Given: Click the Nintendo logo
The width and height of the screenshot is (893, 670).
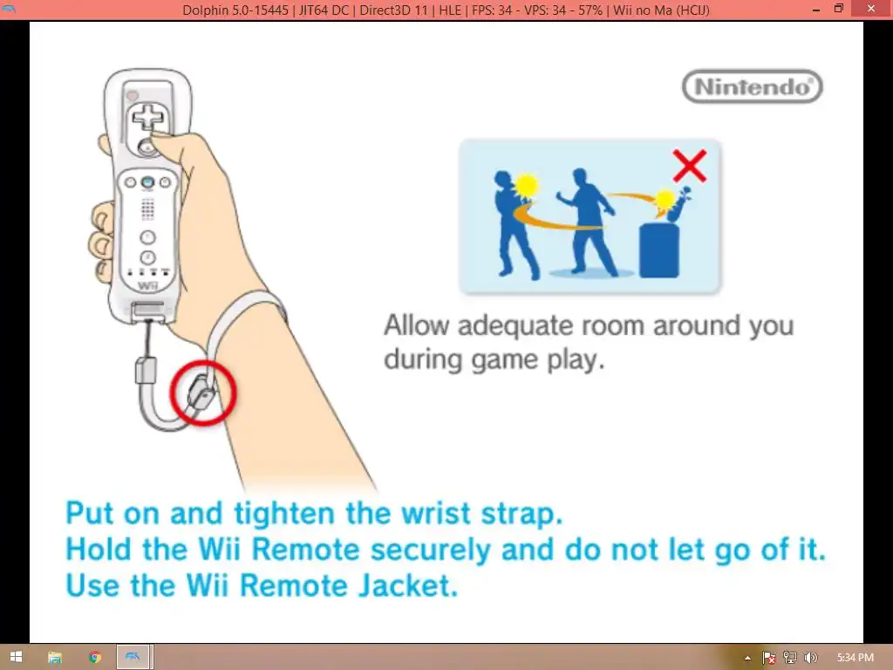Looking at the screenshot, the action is click(752, 86).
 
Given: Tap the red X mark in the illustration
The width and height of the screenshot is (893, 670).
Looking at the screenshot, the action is click(690, 166).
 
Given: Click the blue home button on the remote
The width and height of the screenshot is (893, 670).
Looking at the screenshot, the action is click(147, 182).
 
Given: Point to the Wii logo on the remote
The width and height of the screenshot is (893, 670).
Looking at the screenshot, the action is click(147, 285).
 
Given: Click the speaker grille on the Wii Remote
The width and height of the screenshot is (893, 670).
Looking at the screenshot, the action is click(147, 209).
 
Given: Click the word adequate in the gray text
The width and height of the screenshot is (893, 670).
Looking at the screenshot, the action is click(515, 326).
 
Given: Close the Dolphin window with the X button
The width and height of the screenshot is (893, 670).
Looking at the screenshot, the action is click(871, 9).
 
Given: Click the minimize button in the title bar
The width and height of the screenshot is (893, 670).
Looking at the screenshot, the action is click(816, 9).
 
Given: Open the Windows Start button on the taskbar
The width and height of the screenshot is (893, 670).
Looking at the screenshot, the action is click(16, 657).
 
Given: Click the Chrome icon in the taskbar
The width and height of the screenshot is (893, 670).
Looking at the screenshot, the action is click(95, 657).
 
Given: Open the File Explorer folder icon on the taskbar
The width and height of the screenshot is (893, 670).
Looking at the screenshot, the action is click(55, 658).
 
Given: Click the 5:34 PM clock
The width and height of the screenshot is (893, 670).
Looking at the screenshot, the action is click(855, 658).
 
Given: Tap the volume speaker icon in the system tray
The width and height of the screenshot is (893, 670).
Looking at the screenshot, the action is click(811, 658).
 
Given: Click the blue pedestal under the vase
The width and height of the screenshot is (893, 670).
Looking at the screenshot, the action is click(659, 250).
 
